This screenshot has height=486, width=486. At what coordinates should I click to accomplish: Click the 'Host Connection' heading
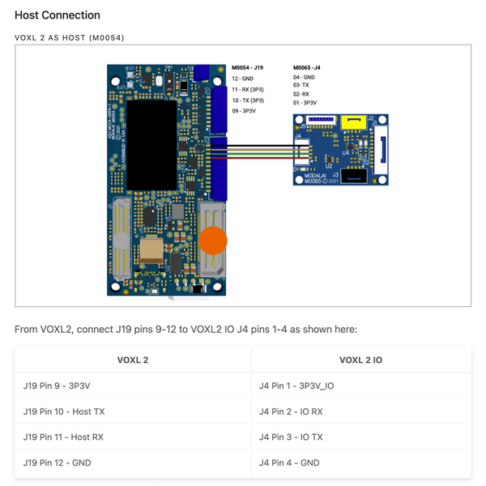pos(58,15)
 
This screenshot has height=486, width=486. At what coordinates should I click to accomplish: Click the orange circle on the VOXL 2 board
pos(214,241)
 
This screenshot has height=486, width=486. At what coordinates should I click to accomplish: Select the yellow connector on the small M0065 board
pos(351,122)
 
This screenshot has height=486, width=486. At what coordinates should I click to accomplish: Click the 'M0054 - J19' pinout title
pos(247,67)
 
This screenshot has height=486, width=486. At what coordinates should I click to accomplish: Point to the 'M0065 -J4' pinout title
pos(307,67)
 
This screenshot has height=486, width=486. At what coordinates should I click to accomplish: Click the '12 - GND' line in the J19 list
pos(242,79)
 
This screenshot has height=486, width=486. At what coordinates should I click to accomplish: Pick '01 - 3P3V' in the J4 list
pos(305,103)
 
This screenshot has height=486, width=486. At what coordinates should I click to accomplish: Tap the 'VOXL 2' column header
pos(133,360)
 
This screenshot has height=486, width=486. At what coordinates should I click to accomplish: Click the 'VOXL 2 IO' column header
pos(361,360)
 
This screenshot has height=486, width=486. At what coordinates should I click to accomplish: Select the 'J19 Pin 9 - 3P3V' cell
pos(59,386)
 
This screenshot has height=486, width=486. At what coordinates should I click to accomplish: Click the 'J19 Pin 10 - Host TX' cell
pos(64,411)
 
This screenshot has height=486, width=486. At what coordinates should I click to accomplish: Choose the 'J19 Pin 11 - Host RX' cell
pos(64,437)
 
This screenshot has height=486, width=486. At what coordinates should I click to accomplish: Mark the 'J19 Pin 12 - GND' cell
pos(58,463)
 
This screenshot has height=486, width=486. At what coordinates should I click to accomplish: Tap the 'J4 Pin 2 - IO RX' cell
pos(291,411)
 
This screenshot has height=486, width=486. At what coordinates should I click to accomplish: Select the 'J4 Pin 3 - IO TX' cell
pos(291,437)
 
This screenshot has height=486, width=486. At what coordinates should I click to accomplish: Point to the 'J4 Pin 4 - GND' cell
pos(289,463)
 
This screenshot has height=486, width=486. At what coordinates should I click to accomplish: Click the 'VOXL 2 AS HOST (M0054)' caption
pos(70,37)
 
